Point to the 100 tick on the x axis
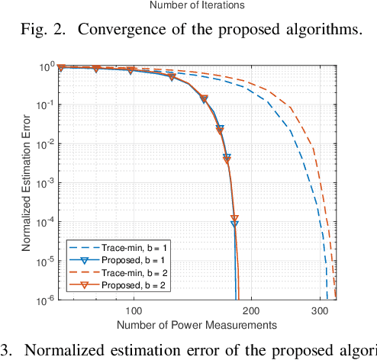pos(134,311)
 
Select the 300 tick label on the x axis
pos(319,311)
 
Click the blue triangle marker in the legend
pos(81,260)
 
